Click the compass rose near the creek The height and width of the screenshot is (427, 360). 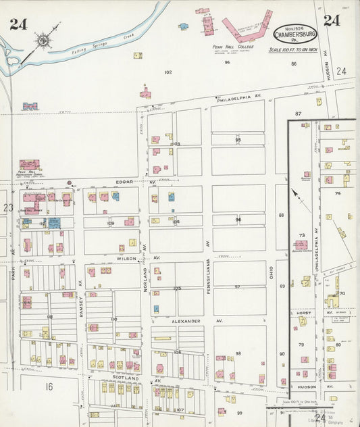pos(45,41)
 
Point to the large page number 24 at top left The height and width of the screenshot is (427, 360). pos(18,24)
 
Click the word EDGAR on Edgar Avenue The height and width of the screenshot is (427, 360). pos(123,182)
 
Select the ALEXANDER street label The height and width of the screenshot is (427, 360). pos(186,321)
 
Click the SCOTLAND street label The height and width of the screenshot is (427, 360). pos(126,378)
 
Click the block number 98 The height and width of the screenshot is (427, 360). pos(238,353)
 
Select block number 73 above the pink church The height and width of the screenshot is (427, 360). pos(301,234)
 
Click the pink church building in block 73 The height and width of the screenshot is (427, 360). pos(301,246)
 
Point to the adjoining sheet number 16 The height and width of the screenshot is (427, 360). pos(49,386)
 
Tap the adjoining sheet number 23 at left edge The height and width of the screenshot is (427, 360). pos(7,207)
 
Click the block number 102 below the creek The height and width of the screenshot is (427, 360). pos(168,72)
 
